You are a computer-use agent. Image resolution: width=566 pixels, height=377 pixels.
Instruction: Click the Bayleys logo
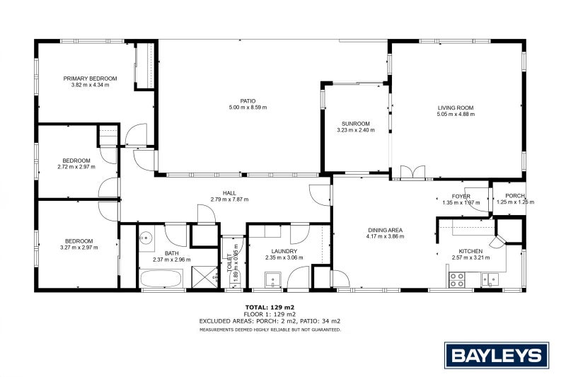click(496, 355)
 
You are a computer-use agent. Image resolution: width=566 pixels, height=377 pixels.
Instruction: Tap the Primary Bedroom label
click(90, 79)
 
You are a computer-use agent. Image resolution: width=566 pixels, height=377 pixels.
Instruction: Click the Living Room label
click(455, 108)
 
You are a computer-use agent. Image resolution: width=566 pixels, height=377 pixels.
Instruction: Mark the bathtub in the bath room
click(163, 278)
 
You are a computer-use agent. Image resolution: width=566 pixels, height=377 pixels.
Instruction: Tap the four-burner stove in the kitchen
click(457, 281)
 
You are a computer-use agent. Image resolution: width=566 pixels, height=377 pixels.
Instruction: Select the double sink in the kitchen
click(489, 281)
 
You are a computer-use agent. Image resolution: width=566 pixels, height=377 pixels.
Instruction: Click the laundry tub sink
click(274, 281)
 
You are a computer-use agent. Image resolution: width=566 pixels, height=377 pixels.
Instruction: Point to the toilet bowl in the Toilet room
click(228, 280)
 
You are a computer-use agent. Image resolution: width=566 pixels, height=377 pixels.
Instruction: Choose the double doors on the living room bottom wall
click(411, 173)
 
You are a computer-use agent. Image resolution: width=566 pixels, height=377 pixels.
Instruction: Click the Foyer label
click(461, 196)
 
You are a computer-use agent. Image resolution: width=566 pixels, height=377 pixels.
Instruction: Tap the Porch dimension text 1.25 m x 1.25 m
click(514, 202)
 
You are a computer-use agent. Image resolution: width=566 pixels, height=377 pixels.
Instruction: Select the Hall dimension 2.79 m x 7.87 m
click(229, 199)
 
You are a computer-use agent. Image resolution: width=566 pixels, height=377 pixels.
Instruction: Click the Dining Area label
click(385, 230)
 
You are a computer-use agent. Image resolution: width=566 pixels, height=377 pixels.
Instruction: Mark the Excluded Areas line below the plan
click(270, 321)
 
